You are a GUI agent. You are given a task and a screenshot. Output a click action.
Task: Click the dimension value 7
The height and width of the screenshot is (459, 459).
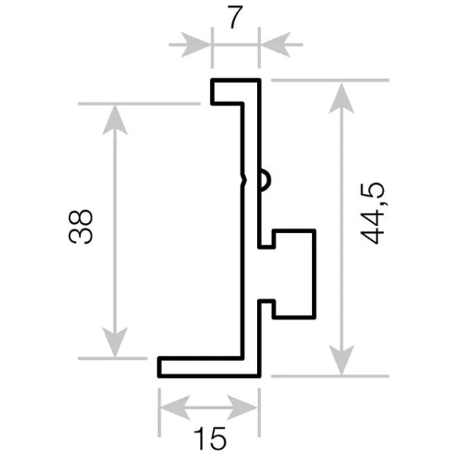pyautogui.click(x=235, y=17)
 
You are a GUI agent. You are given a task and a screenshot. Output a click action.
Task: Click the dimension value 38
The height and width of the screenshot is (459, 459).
pyautogui.click(x=81, y=227)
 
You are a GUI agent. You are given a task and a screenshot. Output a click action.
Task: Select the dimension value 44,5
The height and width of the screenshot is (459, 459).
pyautogui.click(x=372, y=213)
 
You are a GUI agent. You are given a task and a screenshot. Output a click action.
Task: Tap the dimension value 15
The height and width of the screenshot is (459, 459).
pyautogui.click(x=210, y=438)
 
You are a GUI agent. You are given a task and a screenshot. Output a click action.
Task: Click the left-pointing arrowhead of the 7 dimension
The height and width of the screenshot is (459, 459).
pyautogui.click(x=274, y=45)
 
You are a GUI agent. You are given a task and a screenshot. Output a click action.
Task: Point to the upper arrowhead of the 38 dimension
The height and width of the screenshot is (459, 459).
pyautogui.click(x=115, y=120)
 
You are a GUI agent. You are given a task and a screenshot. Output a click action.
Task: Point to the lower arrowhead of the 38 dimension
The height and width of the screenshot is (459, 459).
pyautogui.click(x=115, y=341)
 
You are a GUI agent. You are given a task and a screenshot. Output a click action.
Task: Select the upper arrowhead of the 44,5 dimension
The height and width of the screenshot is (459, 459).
pyautogui.click(x=341, y=98)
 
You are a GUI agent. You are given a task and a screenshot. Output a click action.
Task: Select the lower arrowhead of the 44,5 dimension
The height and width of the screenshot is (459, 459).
pyautogui.click(x=341, y=360)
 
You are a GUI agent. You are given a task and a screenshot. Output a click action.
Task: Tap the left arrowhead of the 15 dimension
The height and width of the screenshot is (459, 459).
pyautogui.click(x=175, y=408)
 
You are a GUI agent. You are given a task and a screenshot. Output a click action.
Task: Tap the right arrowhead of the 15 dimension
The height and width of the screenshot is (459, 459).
pyautogui.click(x=242, y=408)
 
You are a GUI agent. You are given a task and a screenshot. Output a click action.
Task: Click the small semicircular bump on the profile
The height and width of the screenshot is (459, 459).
pyautogui.click(x=265, y=180)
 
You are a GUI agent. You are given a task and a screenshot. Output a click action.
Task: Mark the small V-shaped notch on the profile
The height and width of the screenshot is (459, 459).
pyautogui.click(x=244, y=180)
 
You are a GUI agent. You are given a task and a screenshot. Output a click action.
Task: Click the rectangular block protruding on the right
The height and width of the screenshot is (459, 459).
pyautogui.click(x=295, y=274)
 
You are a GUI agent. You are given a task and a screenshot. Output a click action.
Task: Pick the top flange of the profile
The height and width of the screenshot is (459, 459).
pyautogui.click(x=235, y=92)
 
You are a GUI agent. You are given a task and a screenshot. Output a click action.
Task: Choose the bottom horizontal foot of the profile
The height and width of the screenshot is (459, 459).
pyautogui.click(x=209, y=367)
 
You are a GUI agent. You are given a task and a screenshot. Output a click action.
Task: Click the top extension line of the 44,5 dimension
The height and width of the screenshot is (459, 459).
pyautogui.click(x=330, y=80)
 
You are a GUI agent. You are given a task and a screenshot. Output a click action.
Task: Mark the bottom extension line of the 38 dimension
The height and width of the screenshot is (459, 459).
pyautogui.click(x=113, y=358)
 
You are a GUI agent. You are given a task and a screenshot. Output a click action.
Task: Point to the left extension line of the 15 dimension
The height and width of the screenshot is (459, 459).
pyautogui.click(x=159, y=412)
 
